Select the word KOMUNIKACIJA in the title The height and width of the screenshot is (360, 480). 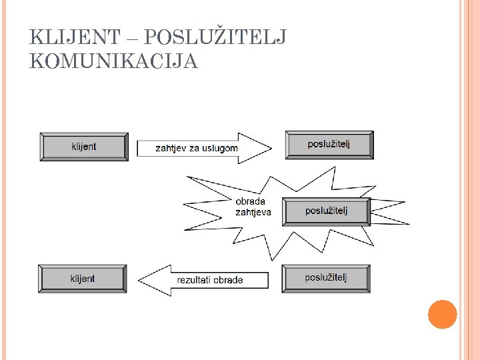coord(114,61)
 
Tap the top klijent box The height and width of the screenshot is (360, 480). coord(84,147)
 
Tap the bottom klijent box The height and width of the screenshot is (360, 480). coord(83,279)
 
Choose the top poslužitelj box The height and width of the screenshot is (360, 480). coord(329,145)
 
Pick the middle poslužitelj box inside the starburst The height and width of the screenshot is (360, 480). coord(327,211)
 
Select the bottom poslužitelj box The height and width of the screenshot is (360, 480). coord(326,278)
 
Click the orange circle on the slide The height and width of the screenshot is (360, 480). coord(442,315)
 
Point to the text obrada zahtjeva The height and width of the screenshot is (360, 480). coord(253,207)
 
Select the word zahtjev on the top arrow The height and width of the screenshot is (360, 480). coord(171,148)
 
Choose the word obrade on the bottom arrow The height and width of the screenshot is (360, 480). coord(229,280)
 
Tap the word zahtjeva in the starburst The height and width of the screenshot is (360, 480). coord(253,213)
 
